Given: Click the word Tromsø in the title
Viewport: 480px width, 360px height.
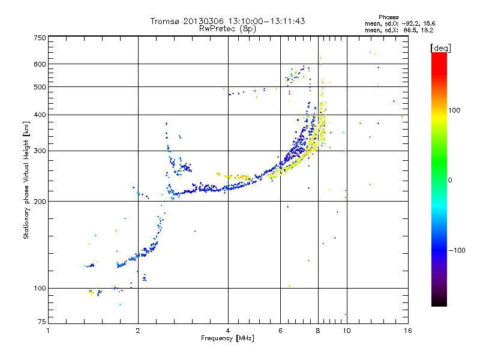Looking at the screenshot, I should click(164, 21).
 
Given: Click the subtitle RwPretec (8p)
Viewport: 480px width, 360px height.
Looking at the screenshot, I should click(228, 28).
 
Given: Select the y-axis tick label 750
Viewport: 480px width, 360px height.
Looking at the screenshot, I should click(40, 37).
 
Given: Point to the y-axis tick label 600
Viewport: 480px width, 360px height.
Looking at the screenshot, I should click(40, 64).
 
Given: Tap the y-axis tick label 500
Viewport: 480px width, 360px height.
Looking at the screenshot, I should click(40, 87).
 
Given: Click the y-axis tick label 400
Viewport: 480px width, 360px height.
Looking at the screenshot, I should click(40, 115).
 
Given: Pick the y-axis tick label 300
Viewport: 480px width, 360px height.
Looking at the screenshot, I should click(40, 151).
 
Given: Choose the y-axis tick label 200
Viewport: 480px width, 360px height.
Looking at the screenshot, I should click(40, 202).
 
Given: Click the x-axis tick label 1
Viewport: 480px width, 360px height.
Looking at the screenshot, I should click(49, 331).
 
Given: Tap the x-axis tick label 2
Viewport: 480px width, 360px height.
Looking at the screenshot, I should click(138, 331).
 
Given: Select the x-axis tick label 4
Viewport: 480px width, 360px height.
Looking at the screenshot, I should click(228, 331).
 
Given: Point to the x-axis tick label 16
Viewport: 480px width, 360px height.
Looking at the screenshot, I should click(407, 331).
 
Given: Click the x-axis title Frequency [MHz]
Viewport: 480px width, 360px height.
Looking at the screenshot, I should click(228, 338).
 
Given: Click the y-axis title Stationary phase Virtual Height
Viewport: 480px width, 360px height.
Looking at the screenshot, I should click(26, 180).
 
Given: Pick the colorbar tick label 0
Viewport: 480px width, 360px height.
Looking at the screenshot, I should click(451, 180).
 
